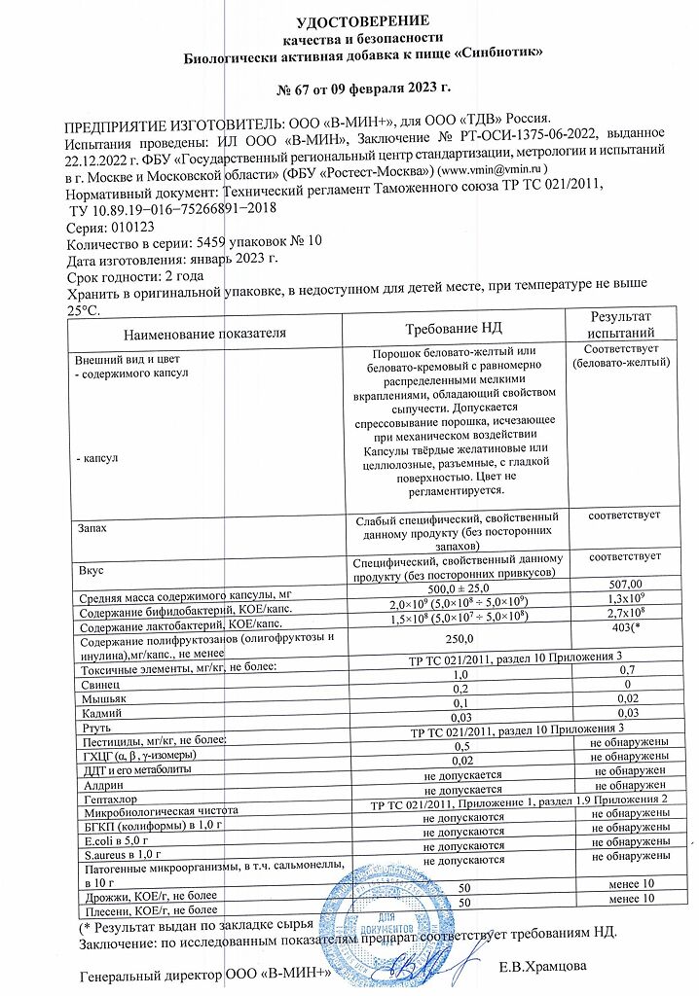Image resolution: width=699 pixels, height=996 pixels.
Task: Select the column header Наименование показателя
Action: pyautogui.click(x=204, y=333)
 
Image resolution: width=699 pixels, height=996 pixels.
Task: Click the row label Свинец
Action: pyautogui.click(x=100, y=686)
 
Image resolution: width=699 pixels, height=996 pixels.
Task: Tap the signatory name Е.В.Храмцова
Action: pyautogui.click(x=554, y=970)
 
